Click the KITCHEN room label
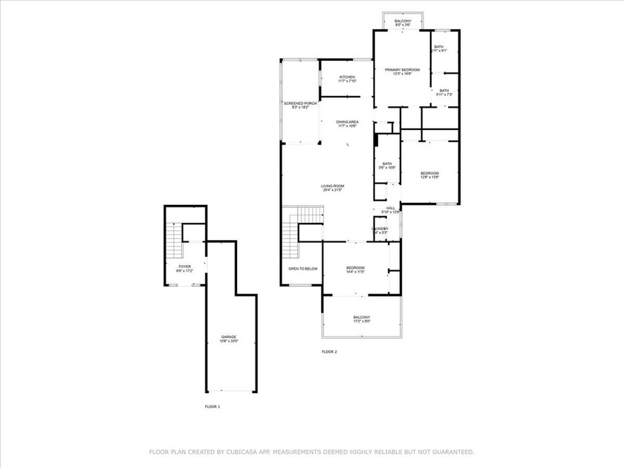point(347,77)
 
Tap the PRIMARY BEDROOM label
point(402,70)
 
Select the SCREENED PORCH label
point(300,103)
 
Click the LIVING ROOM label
point(333,186)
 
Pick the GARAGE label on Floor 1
point(229,337)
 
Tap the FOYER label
point(185,266)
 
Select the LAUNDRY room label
point(380,228)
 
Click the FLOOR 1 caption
point(213,407)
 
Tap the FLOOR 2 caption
point(329,351)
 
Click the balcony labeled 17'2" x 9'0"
point(361,319)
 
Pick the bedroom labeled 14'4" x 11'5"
point(355,268)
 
